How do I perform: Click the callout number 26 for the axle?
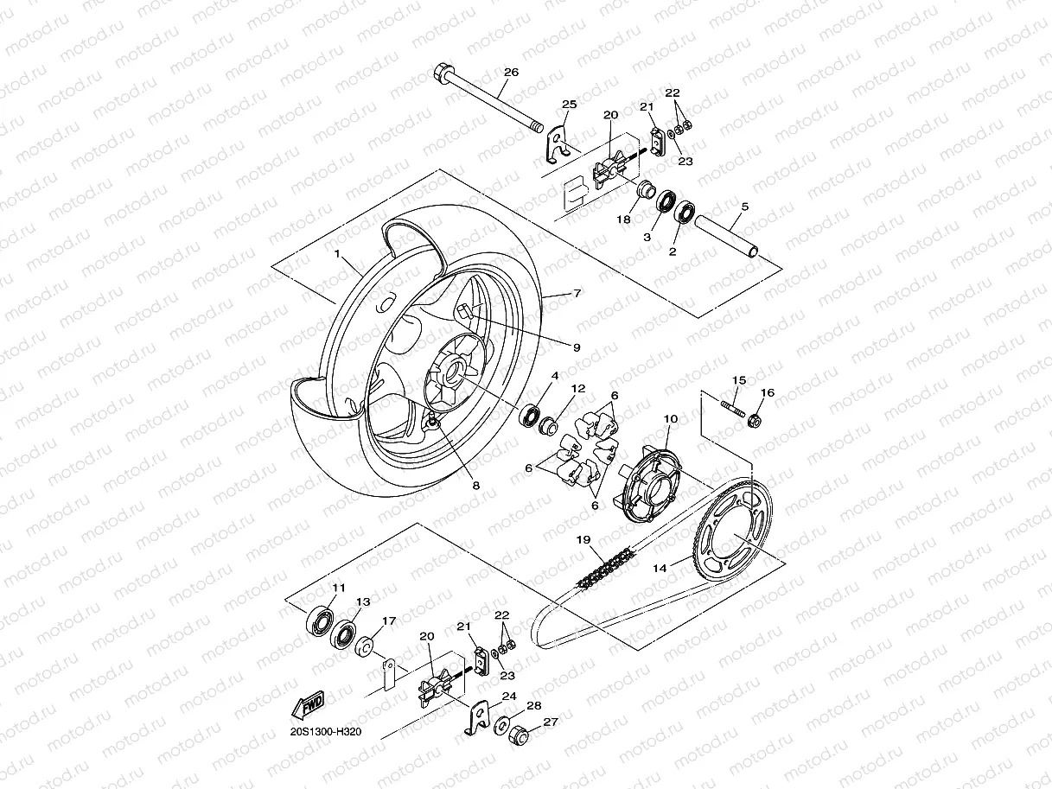(511, 73)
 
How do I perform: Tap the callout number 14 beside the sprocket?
(660, 569)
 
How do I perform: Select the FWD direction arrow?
(308, 704)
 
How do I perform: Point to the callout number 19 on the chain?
(584, 540)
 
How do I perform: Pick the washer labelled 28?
(501, 724)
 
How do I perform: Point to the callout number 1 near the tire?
(339, 257)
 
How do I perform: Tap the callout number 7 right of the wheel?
(577, 294)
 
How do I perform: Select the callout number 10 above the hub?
(670, 419)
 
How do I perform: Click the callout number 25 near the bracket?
(568, 104)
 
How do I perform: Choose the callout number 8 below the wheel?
(475, 486)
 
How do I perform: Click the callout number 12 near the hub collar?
(578, 389)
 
